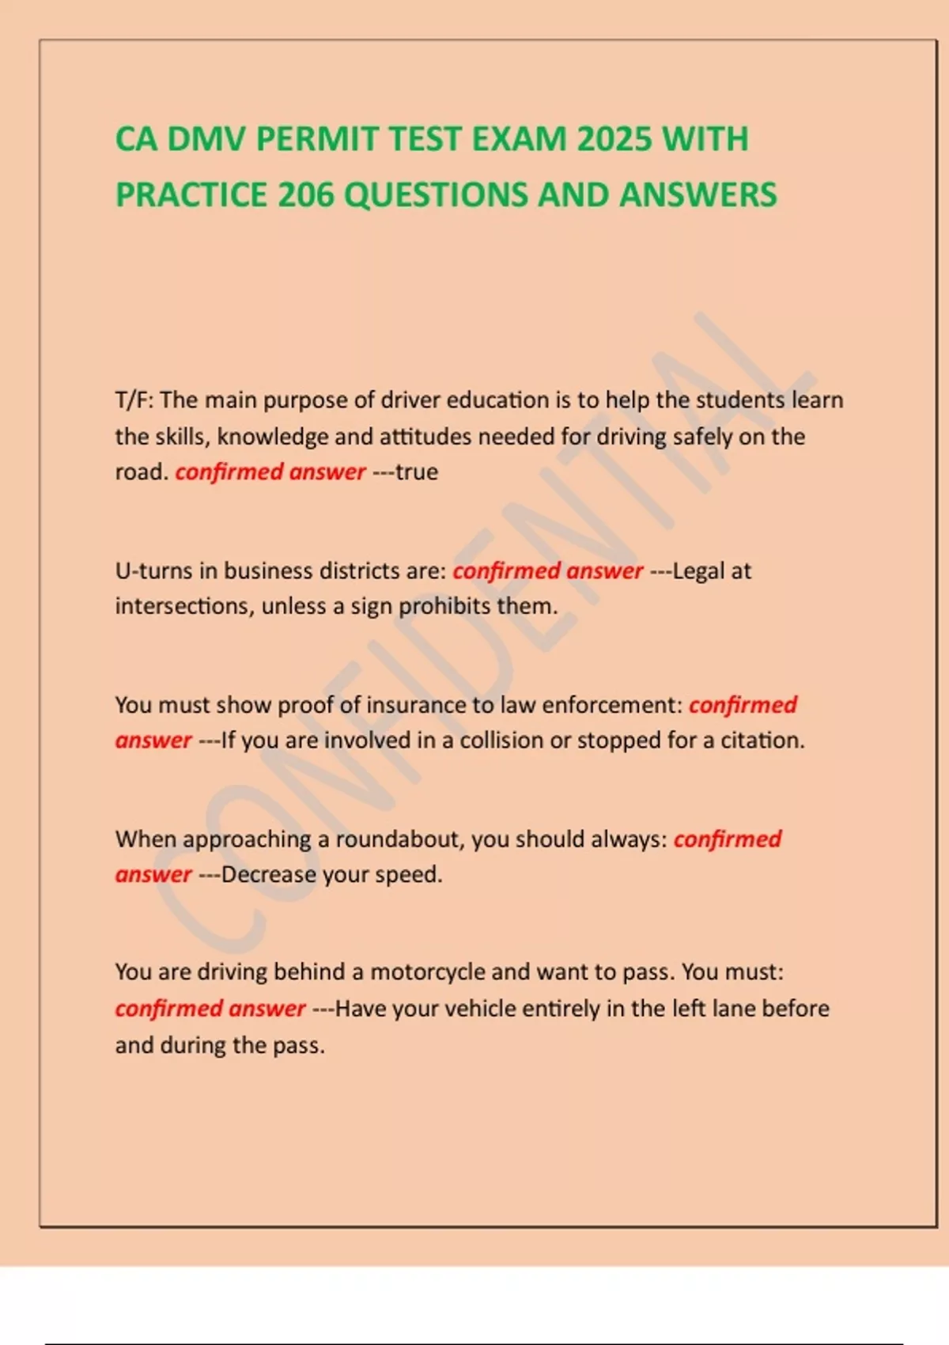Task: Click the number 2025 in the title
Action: click(614, 140)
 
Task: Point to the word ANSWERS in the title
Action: click(698, 195)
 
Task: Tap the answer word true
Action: click(417, 472)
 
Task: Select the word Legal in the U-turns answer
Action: click(699, 571)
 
